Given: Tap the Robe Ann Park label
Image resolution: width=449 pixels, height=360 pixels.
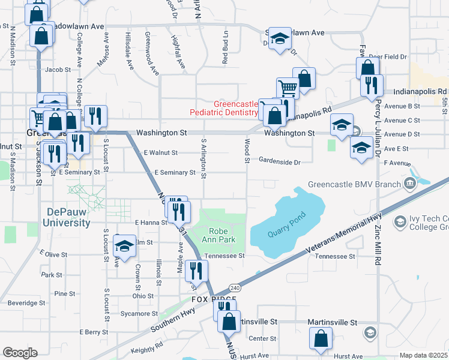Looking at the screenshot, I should point(222,235).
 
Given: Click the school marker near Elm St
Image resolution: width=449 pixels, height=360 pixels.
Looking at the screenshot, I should point(124,247).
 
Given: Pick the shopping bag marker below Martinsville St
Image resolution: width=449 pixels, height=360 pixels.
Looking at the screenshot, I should point(321,338).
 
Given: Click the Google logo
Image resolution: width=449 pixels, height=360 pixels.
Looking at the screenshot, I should point(20,353).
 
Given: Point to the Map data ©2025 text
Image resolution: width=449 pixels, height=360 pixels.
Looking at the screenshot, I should point(423,355).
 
